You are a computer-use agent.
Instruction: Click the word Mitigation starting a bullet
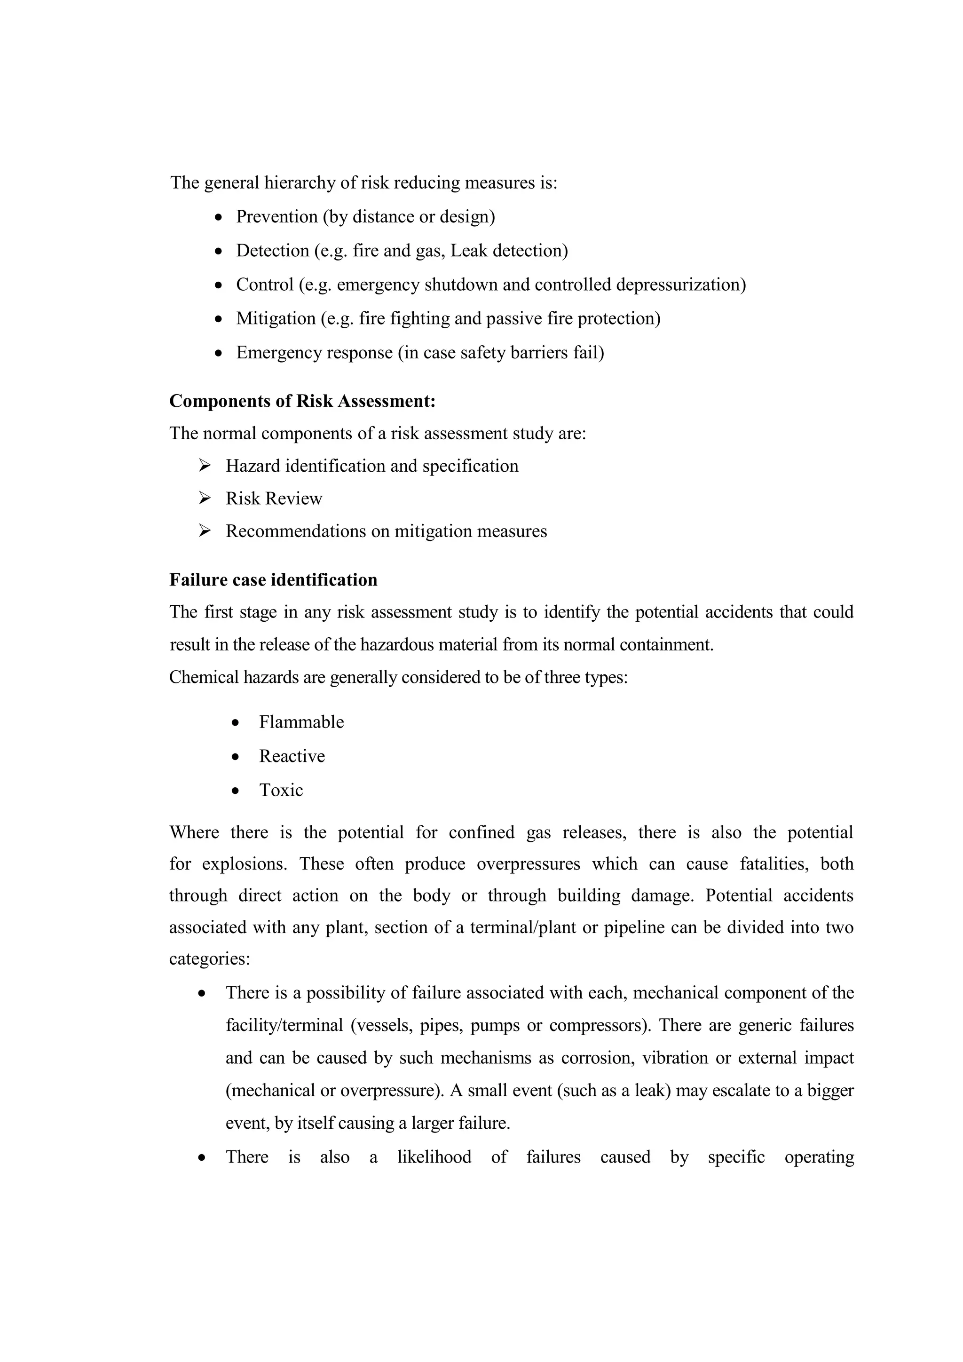[x=276, y=319]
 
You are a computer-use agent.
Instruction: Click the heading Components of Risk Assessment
[x=302, y=402]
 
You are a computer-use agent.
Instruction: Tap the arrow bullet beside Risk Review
[x=205, y=499]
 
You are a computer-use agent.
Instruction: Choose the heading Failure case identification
[x=273, y=580]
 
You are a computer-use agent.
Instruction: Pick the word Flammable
[x=301, y=722]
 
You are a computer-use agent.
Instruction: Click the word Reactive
[x=292, y=756]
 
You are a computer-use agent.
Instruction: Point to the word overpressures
[x=529, y=864]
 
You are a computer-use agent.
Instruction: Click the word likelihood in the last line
[x=434, y=1157]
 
